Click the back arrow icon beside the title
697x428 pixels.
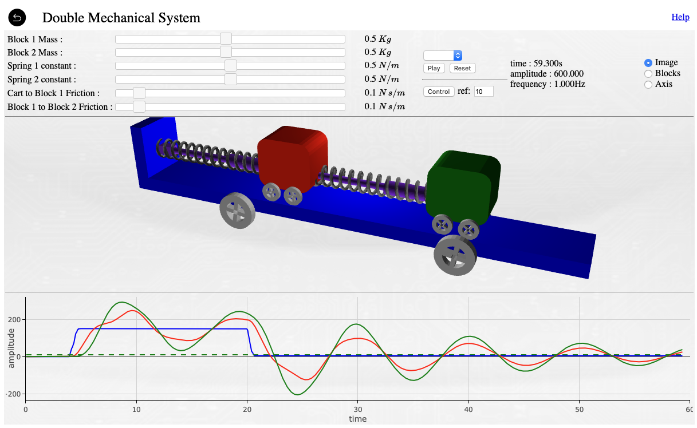click(17, 18)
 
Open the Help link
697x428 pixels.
click(680, 17)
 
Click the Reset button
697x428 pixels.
click(462, 68)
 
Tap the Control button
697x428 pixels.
click(439, 92)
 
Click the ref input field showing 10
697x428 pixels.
click(483, 92)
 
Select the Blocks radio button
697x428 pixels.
click(648, 73)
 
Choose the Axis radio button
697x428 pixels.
click(648, 84)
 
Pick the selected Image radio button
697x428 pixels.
click(648, 62)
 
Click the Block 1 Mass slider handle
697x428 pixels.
click(226, 39)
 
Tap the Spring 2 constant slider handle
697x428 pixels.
click(231, 80)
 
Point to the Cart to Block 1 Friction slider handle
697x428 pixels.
click(139, 93)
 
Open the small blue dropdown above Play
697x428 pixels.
click(443, 56)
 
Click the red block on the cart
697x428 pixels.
click(292, 154)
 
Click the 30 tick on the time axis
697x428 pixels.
click(357, 410)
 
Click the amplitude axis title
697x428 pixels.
click(11, 347)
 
